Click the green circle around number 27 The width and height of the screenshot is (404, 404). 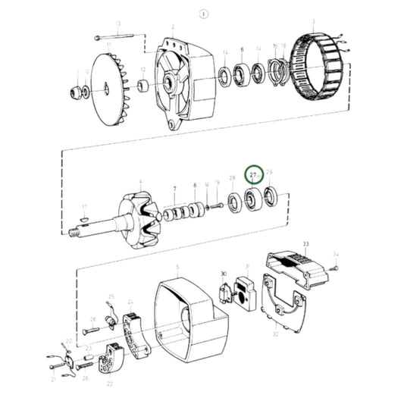[x=255, y=177]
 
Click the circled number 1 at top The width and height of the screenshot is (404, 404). [x=202, y=13]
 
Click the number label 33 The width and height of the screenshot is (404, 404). [x=306, y=244]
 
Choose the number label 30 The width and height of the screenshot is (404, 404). [x=224, y=274]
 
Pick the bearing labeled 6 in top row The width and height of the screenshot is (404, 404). [x=242, y=75]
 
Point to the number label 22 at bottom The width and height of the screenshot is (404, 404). [x=111, y=384]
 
